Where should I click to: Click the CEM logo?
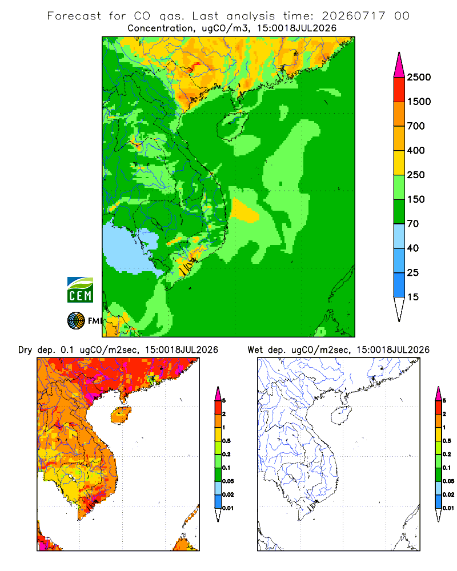[x=80, y=290]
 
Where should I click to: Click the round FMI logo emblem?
[x=76, y=321]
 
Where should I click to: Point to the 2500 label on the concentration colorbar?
[x=419, y=77]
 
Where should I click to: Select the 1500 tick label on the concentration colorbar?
[x=419, y=102]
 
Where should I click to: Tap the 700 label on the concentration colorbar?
[x=416, y=126]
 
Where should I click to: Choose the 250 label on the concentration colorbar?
[x=416, y=175]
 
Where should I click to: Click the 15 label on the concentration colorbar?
[x=413, y=297]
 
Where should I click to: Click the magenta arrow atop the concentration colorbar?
[x=399, y=65]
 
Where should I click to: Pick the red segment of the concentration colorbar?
[x=399, y=90]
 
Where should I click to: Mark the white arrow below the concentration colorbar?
[x=399, y=309]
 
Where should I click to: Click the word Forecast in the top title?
[x=74, y=16]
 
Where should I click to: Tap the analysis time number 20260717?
[x=354, y=16]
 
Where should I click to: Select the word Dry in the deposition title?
[x=25, y=350]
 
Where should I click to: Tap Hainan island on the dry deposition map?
[x=121, y=415]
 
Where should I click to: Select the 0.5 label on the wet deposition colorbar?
[x=447, y=441]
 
